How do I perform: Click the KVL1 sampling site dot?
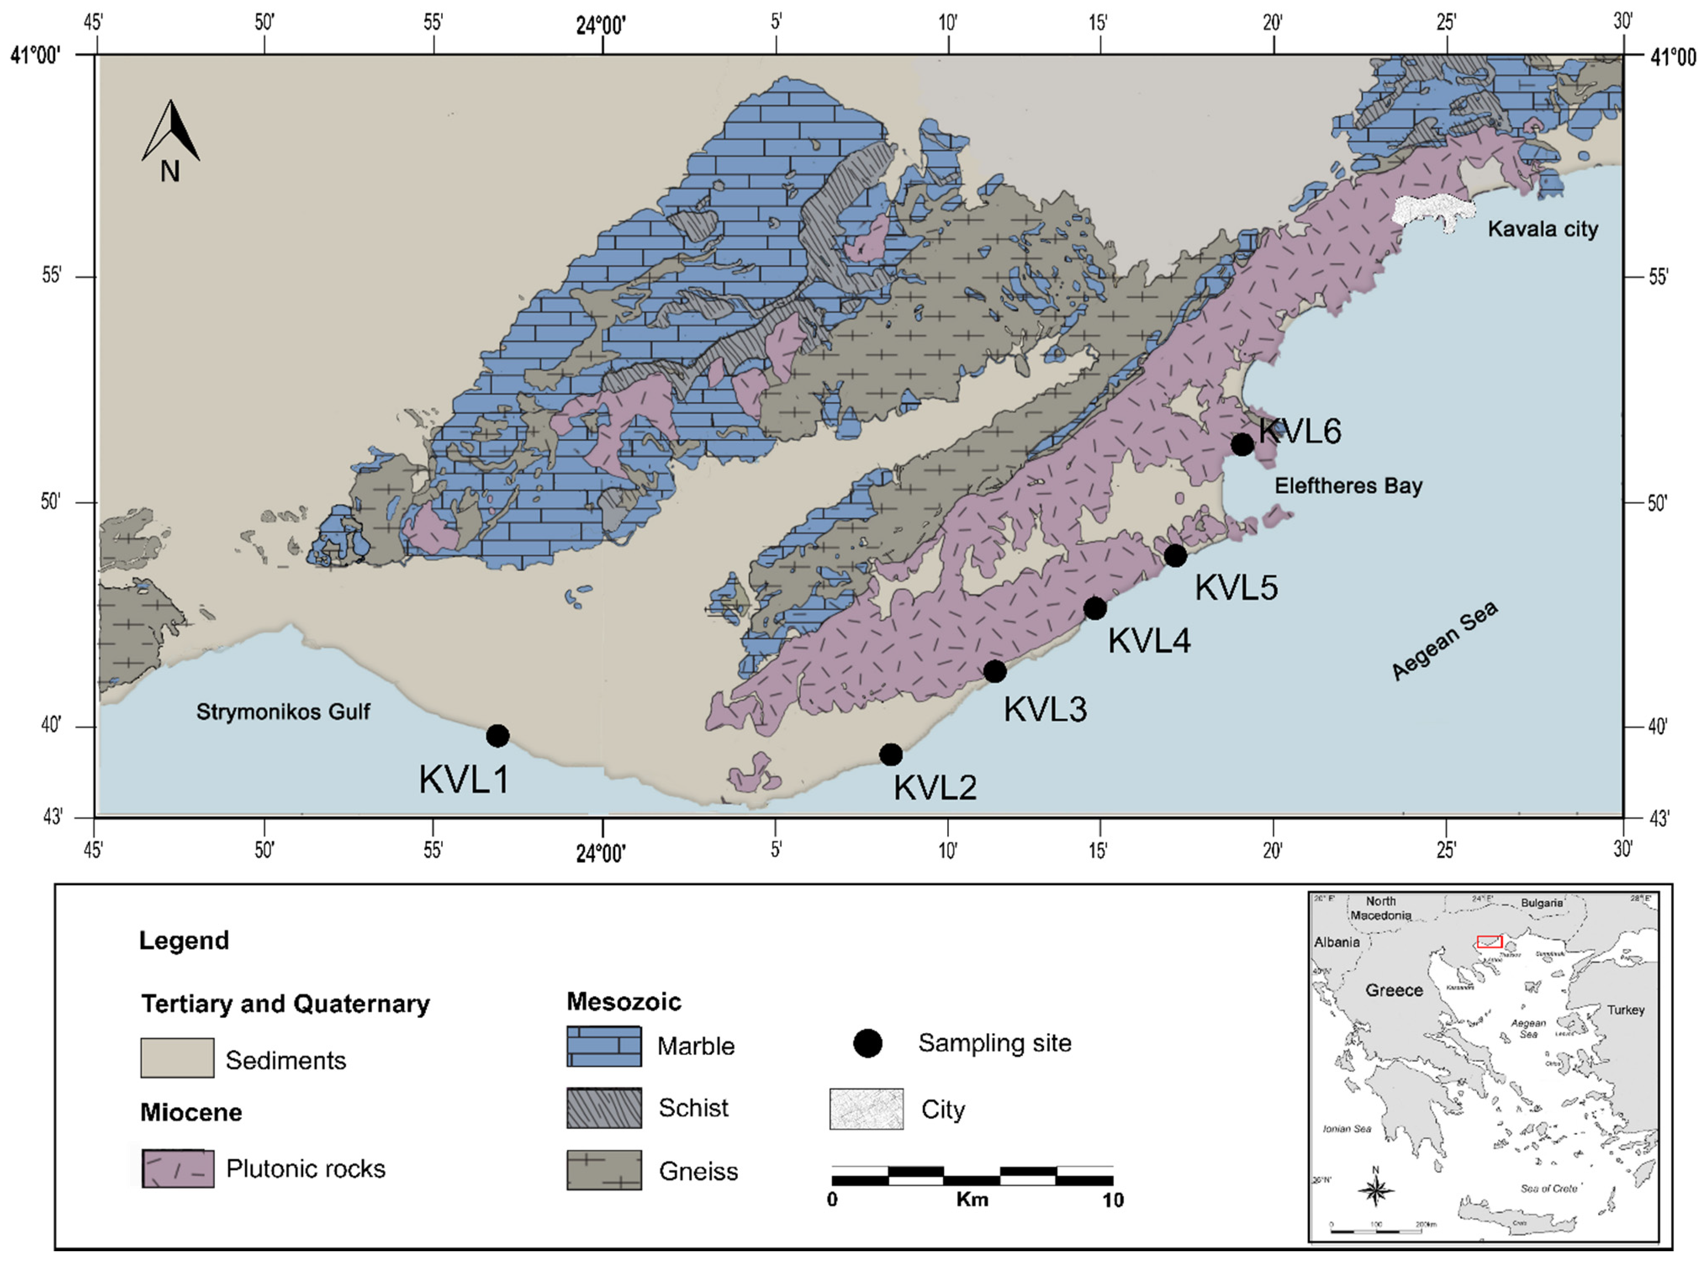497,736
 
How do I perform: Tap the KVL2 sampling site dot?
890,754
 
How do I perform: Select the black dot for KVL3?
994,671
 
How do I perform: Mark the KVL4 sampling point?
1095,609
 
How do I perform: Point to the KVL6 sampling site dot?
1242,444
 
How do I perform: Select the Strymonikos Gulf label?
283,712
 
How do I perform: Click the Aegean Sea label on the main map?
1444,641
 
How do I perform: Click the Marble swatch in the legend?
603,1046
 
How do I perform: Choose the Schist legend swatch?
603,1108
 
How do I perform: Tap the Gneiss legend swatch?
603,1171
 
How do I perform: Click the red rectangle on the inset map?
1489,942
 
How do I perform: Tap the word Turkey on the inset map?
1625,1010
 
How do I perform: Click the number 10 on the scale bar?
1113,1200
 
